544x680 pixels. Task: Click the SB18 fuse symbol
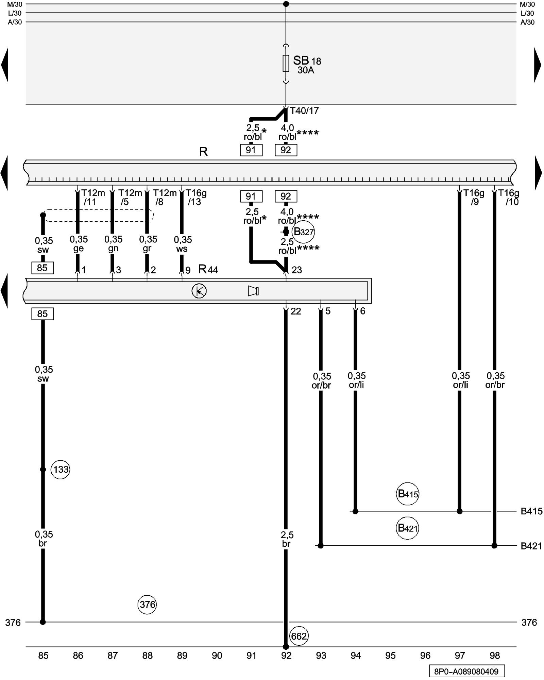coord(286,64)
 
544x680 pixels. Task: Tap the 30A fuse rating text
coord(306,70)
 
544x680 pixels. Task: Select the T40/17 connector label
coord(304,111)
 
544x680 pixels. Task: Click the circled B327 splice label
coord(303,232)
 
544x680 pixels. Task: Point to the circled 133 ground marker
coord(61,470)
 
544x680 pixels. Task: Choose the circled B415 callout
coord(408,494)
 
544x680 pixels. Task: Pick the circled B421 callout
coord(408,528)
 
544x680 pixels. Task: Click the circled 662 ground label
coord(299,636)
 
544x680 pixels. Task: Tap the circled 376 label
coord(147,604)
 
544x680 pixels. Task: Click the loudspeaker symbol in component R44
coord(253,291)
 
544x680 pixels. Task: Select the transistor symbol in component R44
coord(199,291)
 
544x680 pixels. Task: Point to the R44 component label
coord(208,270)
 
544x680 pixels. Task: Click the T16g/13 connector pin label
coord(195,198)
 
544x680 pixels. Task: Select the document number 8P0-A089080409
coord(466,671)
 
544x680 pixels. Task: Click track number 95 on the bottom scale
coord(390,656)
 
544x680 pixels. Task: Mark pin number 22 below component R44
coord(296,311)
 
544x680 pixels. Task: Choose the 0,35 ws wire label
coord(183,244)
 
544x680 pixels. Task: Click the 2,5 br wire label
coord(287,539)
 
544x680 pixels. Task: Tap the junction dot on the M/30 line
coord(286,4)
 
